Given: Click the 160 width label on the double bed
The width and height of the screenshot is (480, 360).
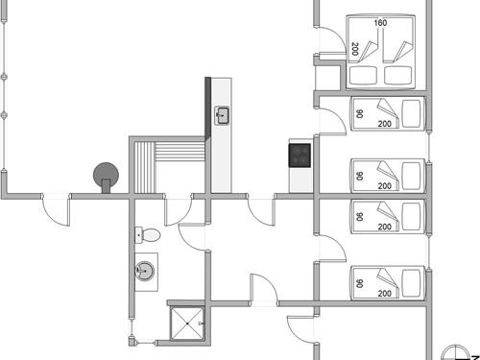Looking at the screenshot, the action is [x=380, y=23].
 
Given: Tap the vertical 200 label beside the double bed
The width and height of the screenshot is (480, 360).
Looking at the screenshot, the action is [x=355, y=49].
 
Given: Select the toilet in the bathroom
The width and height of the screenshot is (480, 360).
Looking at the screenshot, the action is [x=148, y=234].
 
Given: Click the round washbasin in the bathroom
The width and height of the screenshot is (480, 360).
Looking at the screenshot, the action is [x=145, y=273].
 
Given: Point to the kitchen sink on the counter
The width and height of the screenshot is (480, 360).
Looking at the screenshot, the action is [x=223, y=116].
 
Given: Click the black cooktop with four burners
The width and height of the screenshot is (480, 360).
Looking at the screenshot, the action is [x=300, y=154].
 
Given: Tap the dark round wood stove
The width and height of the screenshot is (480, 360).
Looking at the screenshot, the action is [x=105, y=175].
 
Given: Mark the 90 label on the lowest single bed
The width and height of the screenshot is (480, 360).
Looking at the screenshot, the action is [x=359, y=283].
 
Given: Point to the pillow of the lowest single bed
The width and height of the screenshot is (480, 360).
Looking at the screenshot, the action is [x=412, y=281].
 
